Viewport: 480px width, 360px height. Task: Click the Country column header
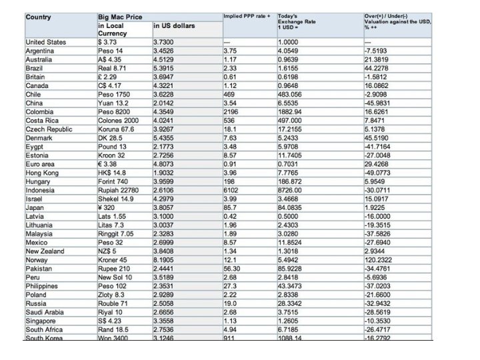pyautogui.click(x=38, y=17)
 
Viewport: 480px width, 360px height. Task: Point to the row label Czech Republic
pyautogui.click(x=49, y=129)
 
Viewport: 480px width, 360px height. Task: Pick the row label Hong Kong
pyautogui.click(x=43, y=173)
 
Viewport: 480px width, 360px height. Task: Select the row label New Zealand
pyautogui.click(x=45, y=251)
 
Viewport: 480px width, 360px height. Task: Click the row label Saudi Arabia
pyautogui.click(x=46, y=312)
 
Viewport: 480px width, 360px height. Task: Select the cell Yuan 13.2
pyautogui.click(x=113, y=103)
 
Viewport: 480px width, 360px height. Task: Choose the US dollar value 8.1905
pyautogui.click(x=165, y=260)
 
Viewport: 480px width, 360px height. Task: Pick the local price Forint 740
pyautogui.click(x=113, y=181)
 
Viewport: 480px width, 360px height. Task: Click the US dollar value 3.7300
pyautogui.click(x=165, y=42)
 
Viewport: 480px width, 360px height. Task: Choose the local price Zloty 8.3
pyautogui.click(x=111, y=295)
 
